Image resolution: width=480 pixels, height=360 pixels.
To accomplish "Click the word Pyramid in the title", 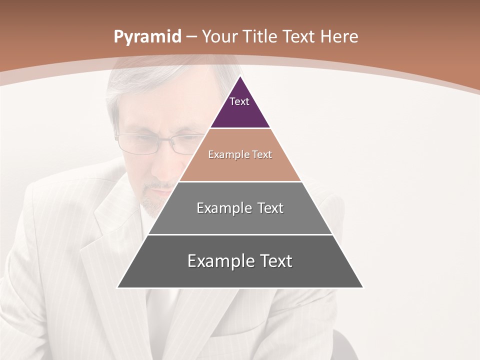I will [147, 36].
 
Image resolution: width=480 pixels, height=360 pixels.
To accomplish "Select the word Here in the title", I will [339, 36].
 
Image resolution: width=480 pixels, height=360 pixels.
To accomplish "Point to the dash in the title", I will [191, 37].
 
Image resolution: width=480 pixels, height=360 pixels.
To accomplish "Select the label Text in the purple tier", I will [239, 101].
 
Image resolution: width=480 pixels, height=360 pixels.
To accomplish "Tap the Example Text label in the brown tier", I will [240, 154].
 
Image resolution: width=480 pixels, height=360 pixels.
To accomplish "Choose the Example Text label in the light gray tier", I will [240, 208].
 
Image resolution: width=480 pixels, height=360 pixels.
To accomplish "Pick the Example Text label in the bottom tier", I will [240, 261].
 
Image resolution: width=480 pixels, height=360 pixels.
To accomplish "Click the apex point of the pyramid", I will [240, 76].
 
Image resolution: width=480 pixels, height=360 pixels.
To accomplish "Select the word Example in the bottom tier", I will [215, 261].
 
